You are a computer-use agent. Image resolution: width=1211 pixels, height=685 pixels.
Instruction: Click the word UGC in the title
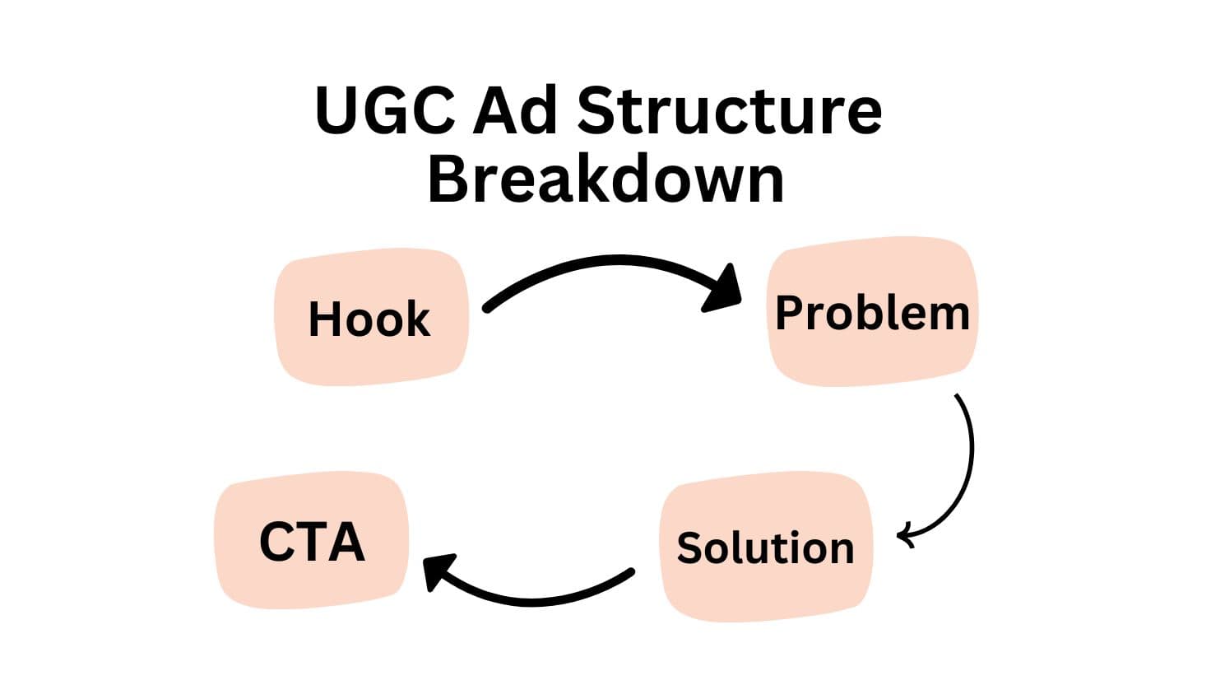click(385, 110)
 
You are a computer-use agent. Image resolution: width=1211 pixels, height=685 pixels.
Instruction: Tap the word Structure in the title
click(729, 110)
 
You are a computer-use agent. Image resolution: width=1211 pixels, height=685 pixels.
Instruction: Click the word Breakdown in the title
click(606, 179)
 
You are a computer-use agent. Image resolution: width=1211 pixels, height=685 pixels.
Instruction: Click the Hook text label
click(369, 319)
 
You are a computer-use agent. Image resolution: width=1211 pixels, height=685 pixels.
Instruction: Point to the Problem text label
click(873, 314)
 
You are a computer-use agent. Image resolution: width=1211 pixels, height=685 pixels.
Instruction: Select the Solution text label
click(765, 548)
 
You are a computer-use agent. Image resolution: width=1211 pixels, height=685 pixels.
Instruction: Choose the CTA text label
click(313, 542)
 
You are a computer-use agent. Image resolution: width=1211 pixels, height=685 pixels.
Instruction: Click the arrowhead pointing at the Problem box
click(724, 290)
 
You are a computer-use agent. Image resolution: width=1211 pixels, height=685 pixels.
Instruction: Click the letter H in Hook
click(324, 319)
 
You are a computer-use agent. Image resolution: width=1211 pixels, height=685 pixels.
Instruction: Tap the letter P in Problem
click(791, 312)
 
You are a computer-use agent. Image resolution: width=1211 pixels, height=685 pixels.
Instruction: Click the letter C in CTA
click(276, 542)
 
